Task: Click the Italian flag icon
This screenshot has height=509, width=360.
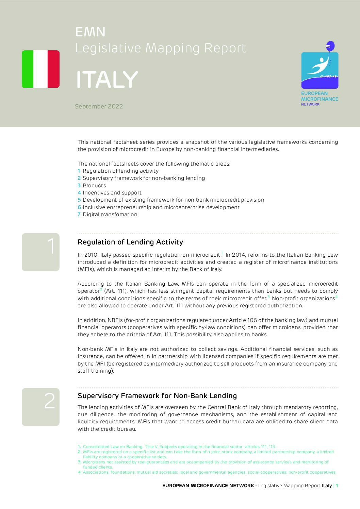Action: click(x=40, y=69)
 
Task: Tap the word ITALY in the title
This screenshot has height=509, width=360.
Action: click(x=107, y=80)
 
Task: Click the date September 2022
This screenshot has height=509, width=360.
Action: click(x=99, y=106)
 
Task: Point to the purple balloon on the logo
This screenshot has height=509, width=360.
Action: click(x=330, y=46)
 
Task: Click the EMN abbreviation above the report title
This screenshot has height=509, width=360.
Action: click(x=90, y=32)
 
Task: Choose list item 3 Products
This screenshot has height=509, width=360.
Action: click(x=92, y=186)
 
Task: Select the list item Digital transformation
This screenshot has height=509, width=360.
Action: click(x=108, y=215)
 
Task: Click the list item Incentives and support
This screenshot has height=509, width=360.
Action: click(x=110, y=193)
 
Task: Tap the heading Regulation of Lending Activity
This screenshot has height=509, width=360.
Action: click(x=130, y=242)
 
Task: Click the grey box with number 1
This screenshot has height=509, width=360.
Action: click(x=40, y=252)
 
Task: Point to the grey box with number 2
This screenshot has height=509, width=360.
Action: click(x=40, y=407)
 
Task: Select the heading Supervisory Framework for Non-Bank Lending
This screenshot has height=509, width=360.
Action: click(x=157, y=396)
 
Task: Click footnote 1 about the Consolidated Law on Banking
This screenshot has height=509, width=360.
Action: click(x=177, y=447)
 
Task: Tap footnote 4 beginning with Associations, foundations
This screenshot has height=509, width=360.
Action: click(x=208, y=472)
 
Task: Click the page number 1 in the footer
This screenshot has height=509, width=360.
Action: click(x=337, y=486)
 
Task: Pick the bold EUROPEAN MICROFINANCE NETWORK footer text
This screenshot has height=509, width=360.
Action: click(x=208, y=486)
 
